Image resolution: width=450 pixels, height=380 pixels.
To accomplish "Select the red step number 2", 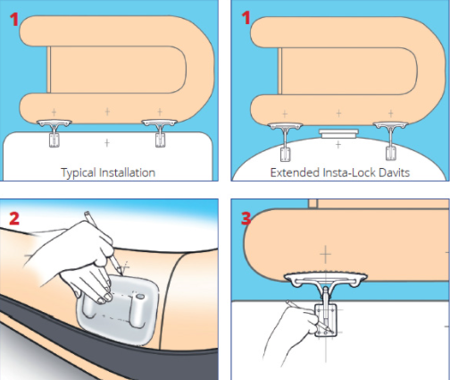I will coord(16,217).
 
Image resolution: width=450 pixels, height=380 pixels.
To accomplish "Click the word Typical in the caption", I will coord(79,172).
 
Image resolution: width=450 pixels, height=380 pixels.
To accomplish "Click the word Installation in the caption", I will coord(127,172).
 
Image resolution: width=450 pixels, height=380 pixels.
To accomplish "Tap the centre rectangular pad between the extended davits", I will coord(337,134).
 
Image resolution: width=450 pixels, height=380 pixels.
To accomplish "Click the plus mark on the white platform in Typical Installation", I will coord(106,142).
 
